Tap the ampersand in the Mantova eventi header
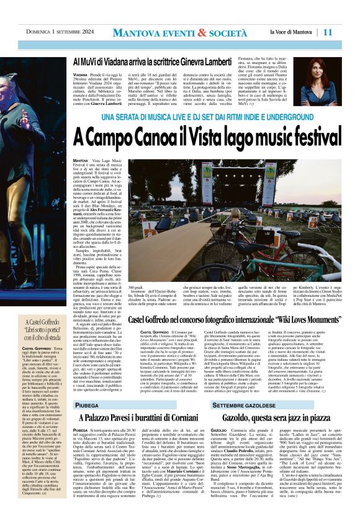pyautogui.click(x=204, y=32)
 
